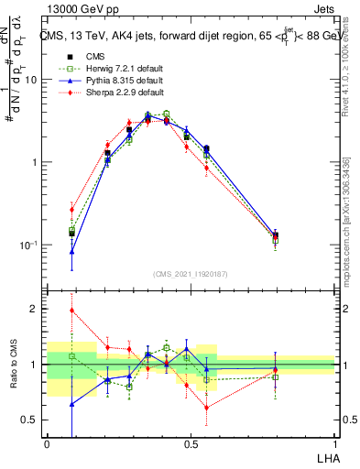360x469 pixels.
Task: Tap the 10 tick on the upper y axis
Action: [x=31, y=80]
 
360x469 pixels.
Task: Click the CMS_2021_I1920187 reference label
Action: [x=191, y=273]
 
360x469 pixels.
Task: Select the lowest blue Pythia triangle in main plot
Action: [x=72, y=251]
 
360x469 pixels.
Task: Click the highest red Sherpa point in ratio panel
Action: [x=72, y=310]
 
